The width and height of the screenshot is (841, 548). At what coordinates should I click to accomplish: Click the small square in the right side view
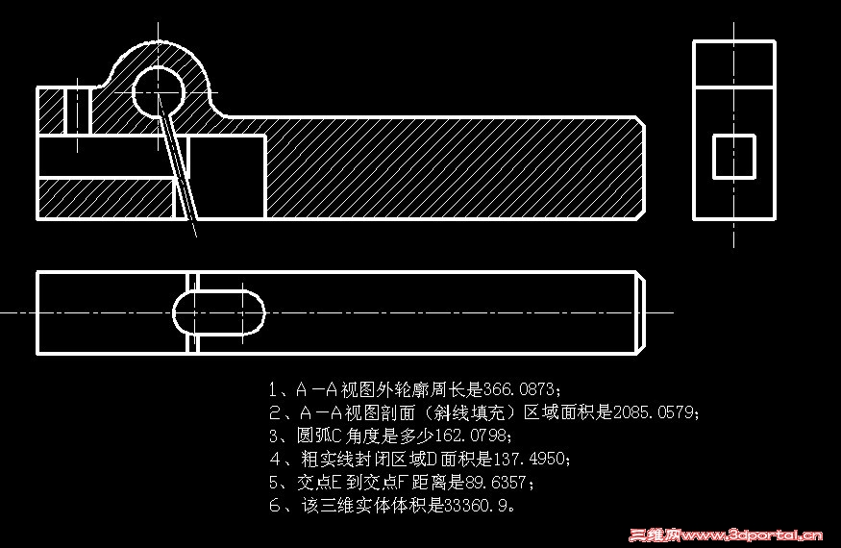(733, 157)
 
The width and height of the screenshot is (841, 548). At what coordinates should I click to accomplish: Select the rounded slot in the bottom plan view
(218, 312)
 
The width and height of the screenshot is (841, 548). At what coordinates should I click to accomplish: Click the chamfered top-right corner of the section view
(638, 121)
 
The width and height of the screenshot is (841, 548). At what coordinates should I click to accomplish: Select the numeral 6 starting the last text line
(275, 505)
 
